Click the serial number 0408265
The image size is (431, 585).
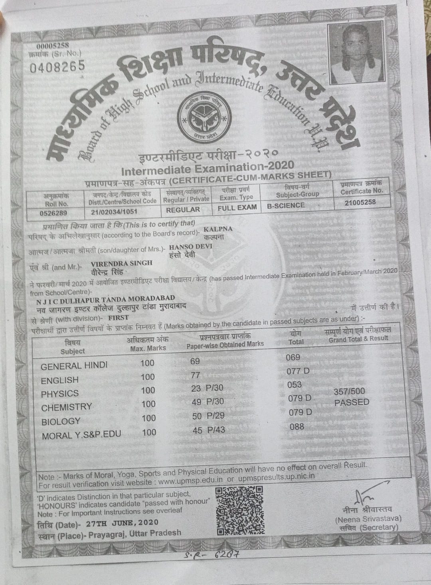click(x=57, y=66)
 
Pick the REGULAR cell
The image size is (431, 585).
click(x=183, y=210)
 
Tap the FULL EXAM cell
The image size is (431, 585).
click(x=237, y=208)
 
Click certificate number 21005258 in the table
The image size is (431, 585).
click(x=360, y=202)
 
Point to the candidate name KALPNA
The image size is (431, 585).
click(x=217, y=230)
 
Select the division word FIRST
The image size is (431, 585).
click(x=119, y=318)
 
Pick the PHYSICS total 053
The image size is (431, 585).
click(x=294, y=385)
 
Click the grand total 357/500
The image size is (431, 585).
click(x=349, y=391)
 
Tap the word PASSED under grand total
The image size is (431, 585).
click(x=352, y=402)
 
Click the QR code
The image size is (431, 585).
click(x=239, y=511)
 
